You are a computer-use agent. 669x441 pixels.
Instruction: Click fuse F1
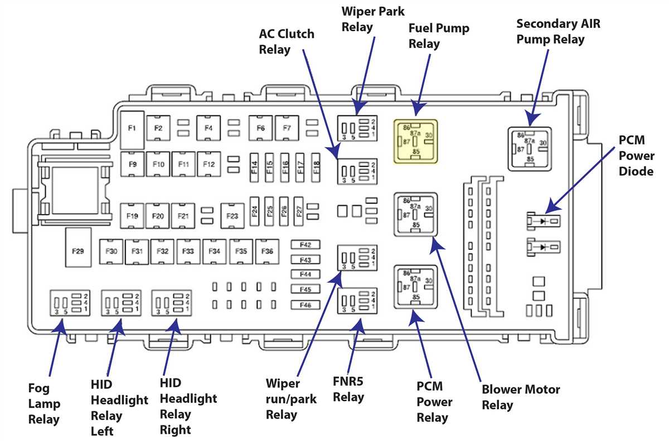pyautogui.click(x=132, y=130)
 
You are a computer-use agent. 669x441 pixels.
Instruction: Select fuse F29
pyautogui.click(x=78, y=247)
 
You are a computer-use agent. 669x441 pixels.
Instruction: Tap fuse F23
pyautogui.click(x=232, y=216)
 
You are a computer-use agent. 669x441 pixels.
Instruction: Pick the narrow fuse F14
pyautogui.click(x=254, y=167)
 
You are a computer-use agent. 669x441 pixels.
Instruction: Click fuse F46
pyautogui.click(x=306, y=305)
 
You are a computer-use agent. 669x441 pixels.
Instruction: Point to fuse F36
pyautogui.click(x=267, y=251)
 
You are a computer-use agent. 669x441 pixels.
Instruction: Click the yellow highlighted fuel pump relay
pyautogui.click(x=415, y=142)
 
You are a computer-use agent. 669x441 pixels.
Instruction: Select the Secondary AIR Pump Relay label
pyautogui.click(x=558, y=31)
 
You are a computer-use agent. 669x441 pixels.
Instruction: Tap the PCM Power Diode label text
pyautogui.click(x=636, y=156)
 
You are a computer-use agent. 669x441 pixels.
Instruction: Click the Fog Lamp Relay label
pyautogui.click(x=44, y=404)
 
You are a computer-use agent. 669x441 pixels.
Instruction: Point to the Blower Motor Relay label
pyautogui.click(x=521, y=397)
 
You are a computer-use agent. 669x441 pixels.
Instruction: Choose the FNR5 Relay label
pyautogui.click(x=348, y=389)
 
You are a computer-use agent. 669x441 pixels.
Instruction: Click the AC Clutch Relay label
pyautogui.click(x=287, y=41)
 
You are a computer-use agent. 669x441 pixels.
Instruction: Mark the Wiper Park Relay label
pyautogui.click(x=373, y=19)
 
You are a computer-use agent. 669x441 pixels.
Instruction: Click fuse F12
pyautogui.click(x=209, y=164)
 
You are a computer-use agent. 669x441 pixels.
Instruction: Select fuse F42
pyautogui.click(x=306, y=245)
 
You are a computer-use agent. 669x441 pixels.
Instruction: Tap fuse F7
pyautogui.click(x=287, y=128)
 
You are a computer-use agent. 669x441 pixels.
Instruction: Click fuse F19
pyautogui.click(x=132, y=216)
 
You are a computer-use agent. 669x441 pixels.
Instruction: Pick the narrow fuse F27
pyautogui.click(x=299, y=211)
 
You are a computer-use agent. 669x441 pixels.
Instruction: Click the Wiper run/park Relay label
pyautogui.click(x=291, y=399)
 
